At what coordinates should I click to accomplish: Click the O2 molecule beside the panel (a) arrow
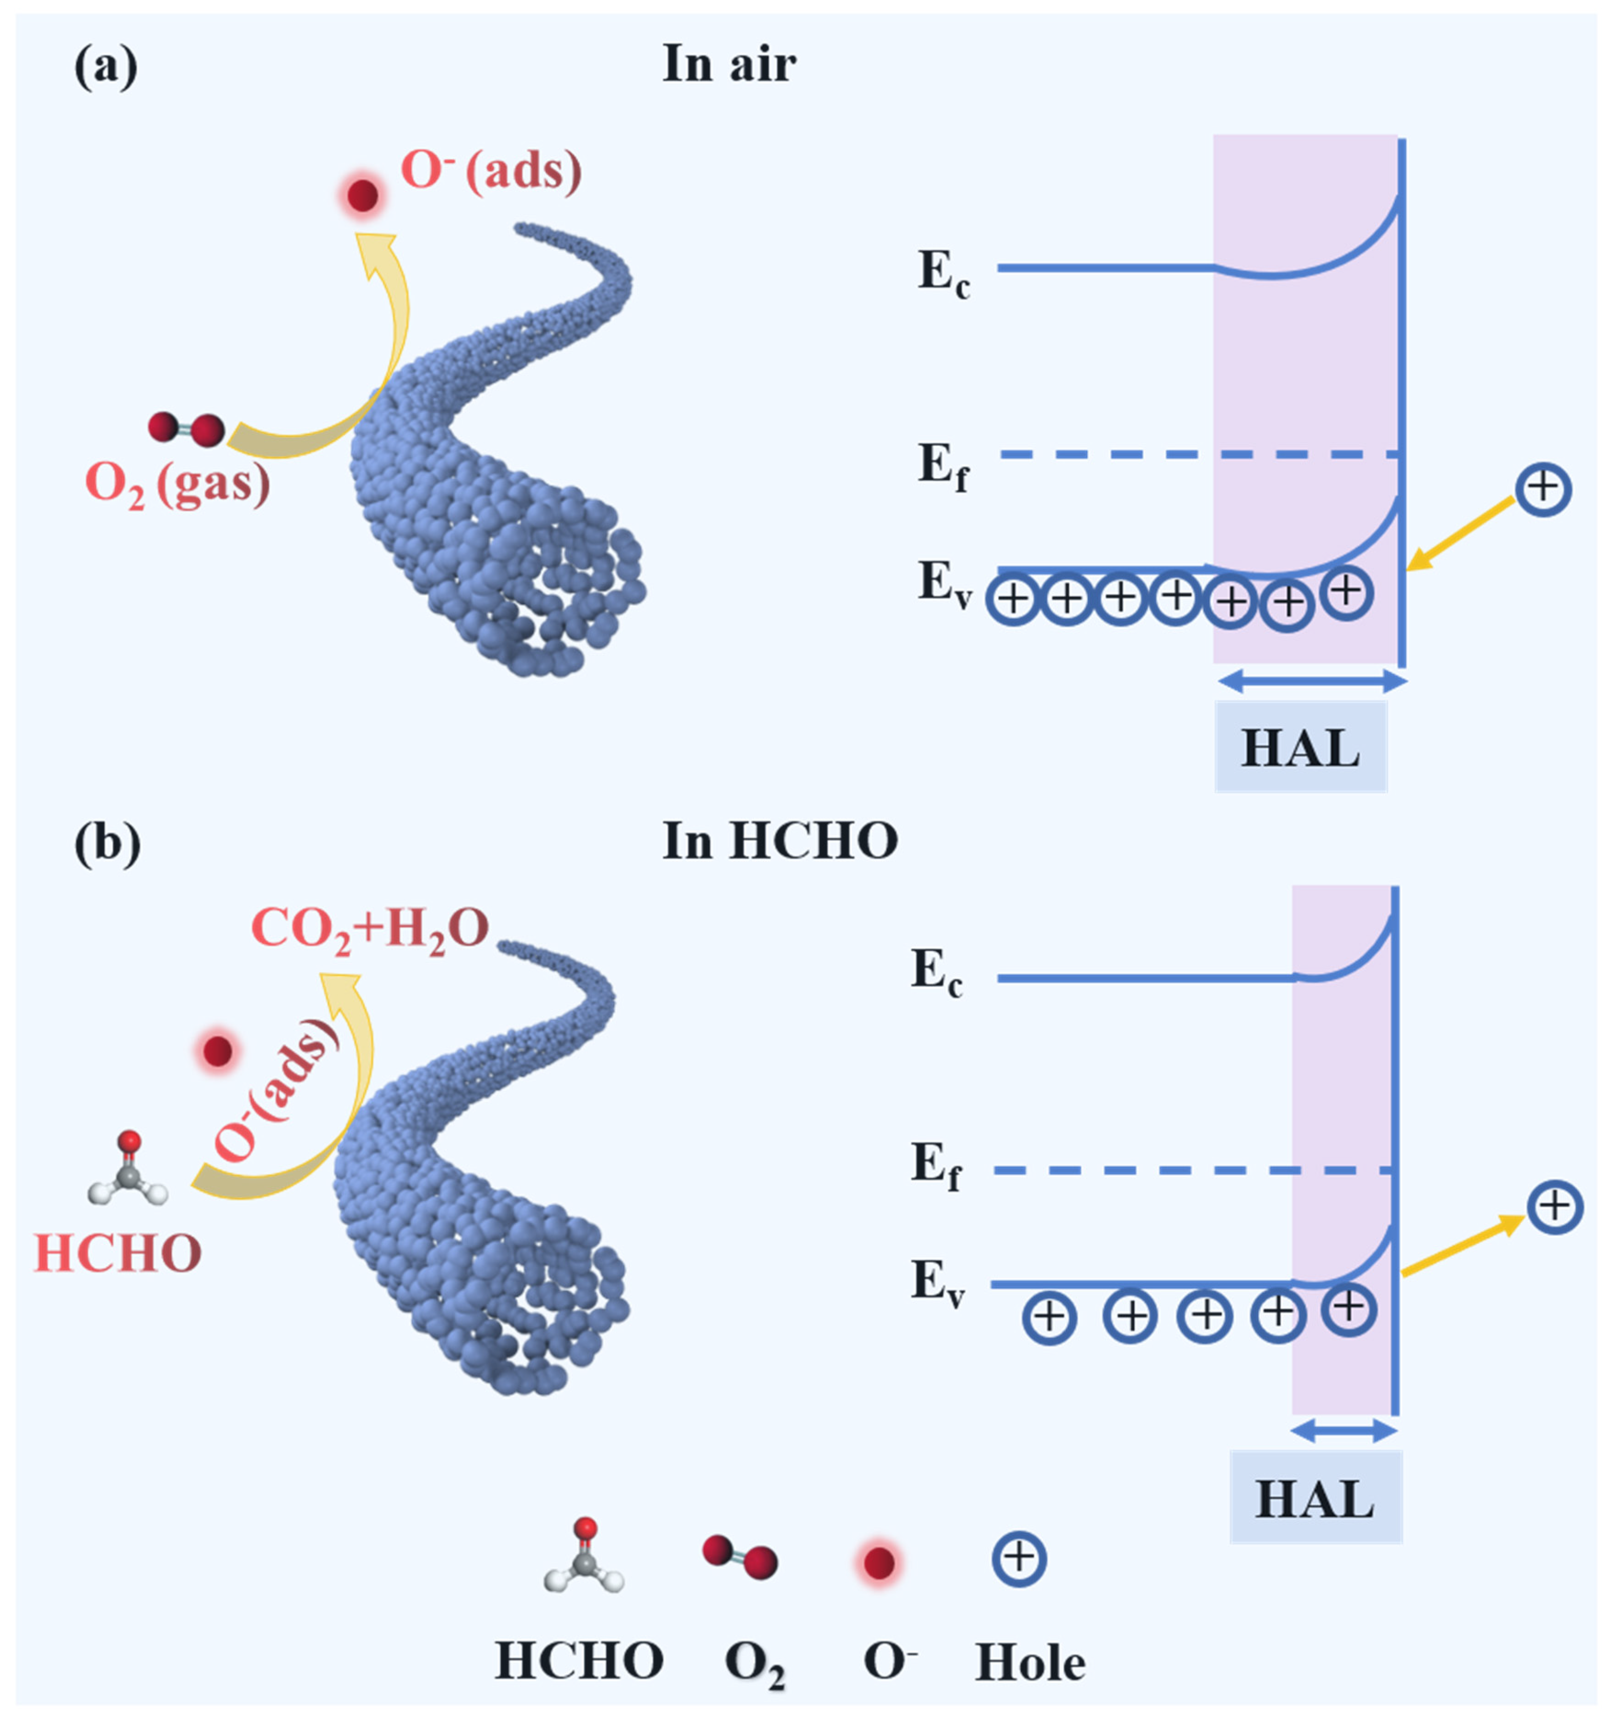tap(186, 428)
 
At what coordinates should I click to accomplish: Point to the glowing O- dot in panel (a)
tap(363, 196)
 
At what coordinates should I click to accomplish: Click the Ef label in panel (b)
tap(936, 1166)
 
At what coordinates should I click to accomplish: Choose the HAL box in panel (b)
tap(1314, 1498)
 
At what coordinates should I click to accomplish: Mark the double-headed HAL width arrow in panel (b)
tap(1343, 1432)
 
